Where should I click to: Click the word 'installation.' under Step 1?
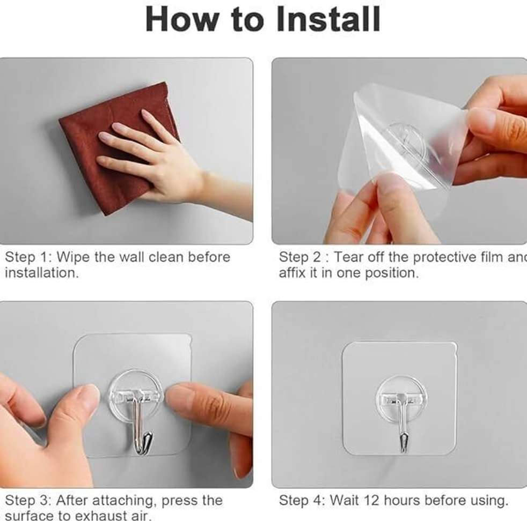point(41,273)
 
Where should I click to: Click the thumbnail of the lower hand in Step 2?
point(390,185)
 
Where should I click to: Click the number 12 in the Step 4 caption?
point(374,501)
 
